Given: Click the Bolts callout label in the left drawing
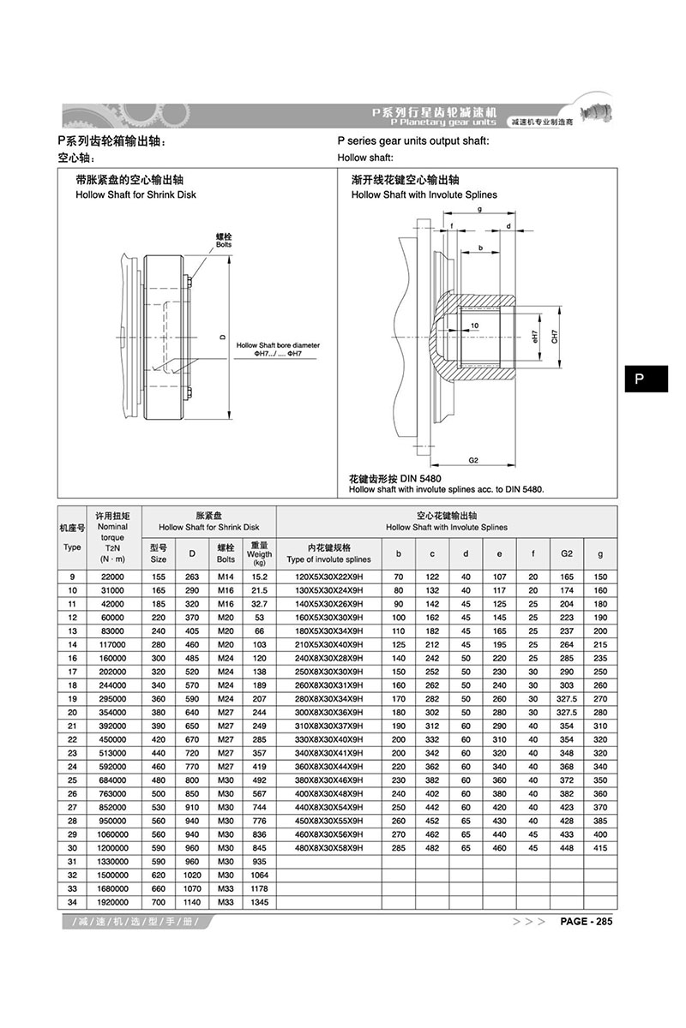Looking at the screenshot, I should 224,242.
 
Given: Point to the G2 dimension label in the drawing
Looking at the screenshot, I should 472,460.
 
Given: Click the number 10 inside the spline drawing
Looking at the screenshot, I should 473,326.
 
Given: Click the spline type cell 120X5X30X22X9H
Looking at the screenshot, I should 329,577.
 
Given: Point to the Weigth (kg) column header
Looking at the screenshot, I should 259,553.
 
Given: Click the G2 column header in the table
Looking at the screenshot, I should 566,553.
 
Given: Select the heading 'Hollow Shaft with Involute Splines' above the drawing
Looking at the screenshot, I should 424,194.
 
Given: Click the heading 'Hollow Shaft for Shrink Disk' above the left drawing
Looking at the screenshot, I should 136,194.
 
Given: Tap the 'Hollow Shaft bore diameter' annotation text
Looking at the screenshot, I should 278,345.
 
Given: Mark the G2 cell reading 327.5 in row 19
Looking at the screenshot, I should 566,699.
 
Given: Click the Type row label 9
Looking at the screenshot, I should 73,577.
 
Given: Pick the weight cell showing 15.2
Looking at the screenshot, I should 259,577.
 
